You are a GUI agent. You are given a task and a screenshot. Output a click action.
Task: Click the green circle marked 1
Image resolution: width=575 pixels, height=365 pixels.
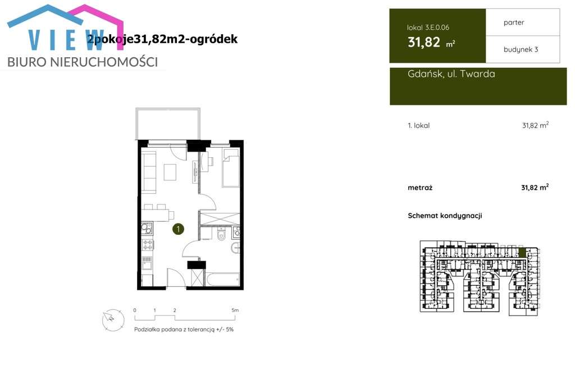(178, 229)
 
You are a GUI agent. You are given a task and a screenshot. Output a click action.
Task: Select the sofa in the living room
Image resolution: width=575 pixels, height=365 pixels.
(149, 171)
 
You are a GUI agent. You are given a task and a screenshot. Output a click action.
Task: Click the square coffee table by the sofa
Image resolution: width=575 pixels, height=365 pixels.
(170, 171)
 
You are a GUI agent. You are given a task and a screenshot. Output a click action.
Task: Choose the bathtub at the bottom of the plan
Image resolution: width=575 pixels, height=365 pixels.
(223, 279)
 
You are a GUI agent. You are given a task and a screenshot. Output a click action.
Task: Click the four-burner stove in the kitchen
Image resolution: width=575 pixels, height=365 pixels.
(148, 244)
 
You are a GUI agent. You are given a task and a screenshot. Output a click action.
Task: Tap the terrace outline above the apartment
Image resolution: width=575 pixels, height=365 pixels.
(166, 124)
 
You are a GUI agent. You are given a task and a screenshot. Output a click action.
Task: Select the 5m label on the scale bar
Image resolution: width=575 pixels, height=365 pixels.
(235, 310)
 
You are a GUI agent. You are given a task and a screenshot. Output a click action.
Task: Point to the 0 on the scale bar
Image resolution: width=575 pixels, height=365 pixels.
(135, 310)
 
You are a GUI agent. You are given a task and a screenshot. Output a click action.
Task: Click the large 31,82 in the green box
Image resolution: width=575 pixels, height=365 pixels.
(424, 42)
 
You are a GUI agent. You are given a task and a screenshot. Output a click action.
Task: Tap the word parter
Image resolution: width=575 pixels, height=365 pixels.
(514, 22)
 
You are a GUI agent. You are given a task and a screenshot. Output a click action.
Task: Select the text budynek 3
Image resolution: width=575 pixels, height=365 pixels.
(521, 49)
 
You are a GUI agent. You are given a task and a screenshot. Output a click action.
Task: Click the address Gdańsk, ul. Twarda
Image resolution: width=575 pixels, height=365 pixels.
(451, 74)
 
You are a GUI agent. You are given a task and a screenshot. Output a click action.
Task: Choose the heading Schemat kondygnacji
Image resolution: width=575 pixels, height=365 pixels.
(445, 216)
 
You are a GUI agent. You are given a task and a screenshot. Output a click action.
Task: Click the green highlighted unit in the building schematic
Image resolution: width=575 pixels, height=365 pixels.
(522, 253)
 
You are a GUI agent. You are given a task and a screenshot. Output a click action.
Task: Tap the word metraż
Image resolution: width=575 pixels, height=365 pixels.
(420, 188)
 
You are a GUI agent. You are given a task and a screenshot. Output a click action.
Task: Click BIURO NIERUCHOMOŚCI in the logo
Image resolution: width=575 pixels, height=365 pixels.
(83, 62)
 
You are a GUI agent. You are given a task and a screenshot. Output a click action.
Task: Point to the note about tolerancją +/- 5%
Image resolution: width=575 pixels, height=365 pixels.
(184, 330)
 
